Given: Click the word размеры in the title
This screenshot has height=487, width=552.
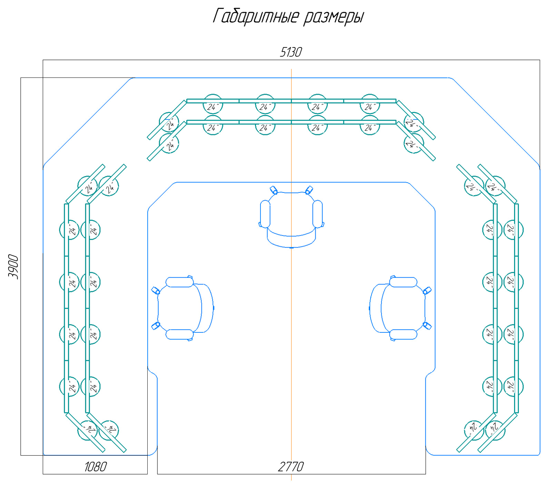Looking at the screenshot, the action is point(334,18).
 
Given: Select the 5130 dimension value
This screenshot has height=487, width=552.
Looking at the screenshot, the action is point(291,52).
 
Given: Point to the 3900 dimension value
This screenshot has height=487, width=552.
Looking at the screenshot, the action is point(13,267).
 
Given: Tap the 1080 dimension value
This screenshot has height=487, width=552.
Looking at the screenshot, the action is point(96,467).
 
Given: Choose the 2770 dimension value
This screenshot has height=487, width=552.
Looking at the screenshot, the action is point(291,467).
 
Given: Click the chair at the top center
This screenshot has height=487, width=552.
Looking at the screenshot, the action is point(292,217).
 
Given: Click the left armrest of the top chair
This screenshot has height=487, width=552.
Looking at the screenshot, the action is point(265,214).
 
